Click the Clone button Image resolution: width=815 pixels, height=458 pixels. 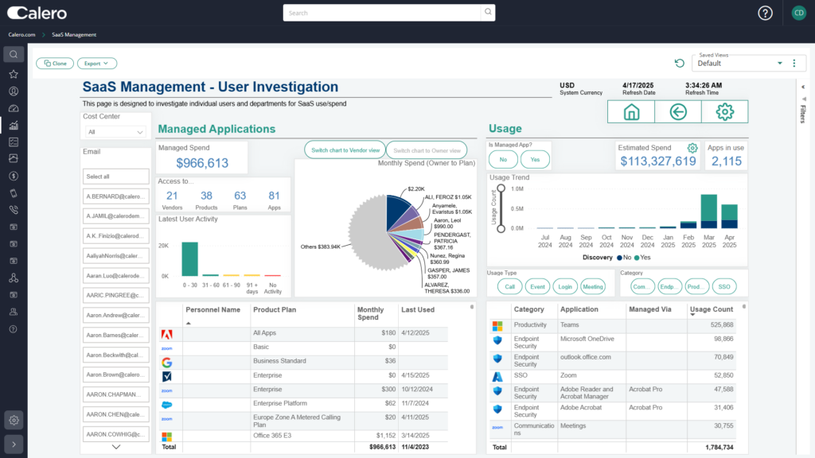(55, 64)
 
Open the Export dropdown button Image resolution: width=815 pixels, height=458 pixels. (97, 64)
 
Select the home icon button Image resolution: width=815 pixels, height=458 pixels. (631, 112)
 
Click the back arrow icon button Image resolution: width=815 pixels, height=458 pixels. (678, 112)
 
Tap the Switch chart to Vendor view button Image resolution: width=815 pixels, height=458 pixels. (345, 149)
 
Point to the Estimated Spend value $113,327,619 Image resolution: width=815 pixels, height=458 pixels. (657, 161)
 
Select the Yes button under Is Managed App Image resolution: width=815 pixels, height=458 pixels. (535, 160)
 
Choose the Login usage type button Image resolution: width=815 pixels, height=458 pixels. (564, 286)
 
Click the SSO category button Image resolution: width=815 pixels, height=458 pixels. (724, 286)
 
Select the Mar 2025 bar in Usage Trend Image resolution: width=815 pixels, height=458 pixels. (708, 212)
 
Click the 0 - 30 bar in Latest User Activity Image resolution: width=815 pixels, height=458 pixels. (189, 258)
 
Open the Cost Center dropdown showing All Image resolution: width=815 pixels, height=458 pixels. (115, 132)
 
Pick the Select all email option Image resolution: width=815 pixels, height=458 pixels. (115, 177)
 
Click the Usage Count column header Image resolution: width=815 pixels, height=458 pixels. (711, 309)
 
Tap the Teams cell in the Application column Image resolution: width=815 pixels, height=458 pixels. (571, 325)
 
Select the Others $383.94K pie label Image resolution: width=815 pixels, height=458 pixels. (320, 246)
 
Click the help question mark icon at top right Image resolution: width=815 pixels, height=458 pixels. (765, 13)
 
